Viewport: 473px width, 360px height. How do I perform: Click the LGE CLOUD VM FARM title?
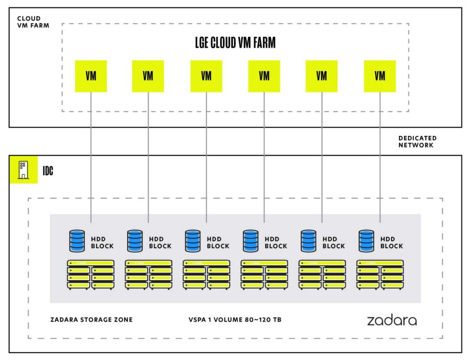click(235, 43)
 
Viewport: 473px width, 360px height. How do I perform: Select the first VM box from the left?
click(91, 76)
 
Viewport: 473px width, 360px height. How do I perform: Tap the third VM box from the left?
click(206, 76)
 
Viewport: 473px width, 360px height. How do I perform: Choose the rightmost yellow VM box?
click(380, 76)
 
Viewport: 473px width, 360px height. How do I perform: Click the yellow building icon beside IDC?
click(24, 170)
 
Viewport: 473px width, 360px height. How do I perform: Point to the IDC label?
click(48, 171)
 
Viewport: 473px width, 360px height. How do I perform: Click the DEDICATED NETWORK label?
click(418, 141)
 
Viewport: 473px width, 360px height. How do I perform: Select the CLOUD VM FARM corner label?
click(33, 22)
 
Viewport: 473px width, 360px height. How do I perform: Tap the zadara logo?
click(392, 320)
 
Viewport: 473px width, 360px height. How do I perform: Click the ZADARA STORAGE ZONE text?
click(91, 320)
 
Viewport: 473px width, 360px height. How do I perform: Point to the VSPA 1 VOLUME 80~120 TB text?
click(235, 320)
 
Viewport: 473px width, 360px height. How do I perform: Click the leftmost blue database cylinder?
click(77, 241)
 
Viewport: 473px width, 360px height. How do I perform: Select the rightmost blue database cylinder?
click(366, 241)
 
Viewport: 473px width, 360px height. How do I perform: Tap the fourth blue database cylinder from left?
click(251, 241)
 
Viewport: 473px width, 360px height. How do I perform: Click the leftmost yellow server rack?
click(91, 275)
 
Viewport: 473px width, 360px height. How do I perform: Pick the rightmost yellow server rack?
click(380, 275)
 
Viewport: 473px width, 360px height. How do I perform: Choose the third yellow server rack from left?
click(206, 275)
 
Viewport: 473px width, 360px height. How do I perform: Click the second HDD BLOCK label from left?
click(160, 243)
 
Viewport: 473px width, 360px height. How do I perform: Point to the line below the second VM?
click(148, 157)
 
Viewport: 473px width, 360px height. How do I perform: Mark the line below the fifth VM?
click(322, 157)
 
